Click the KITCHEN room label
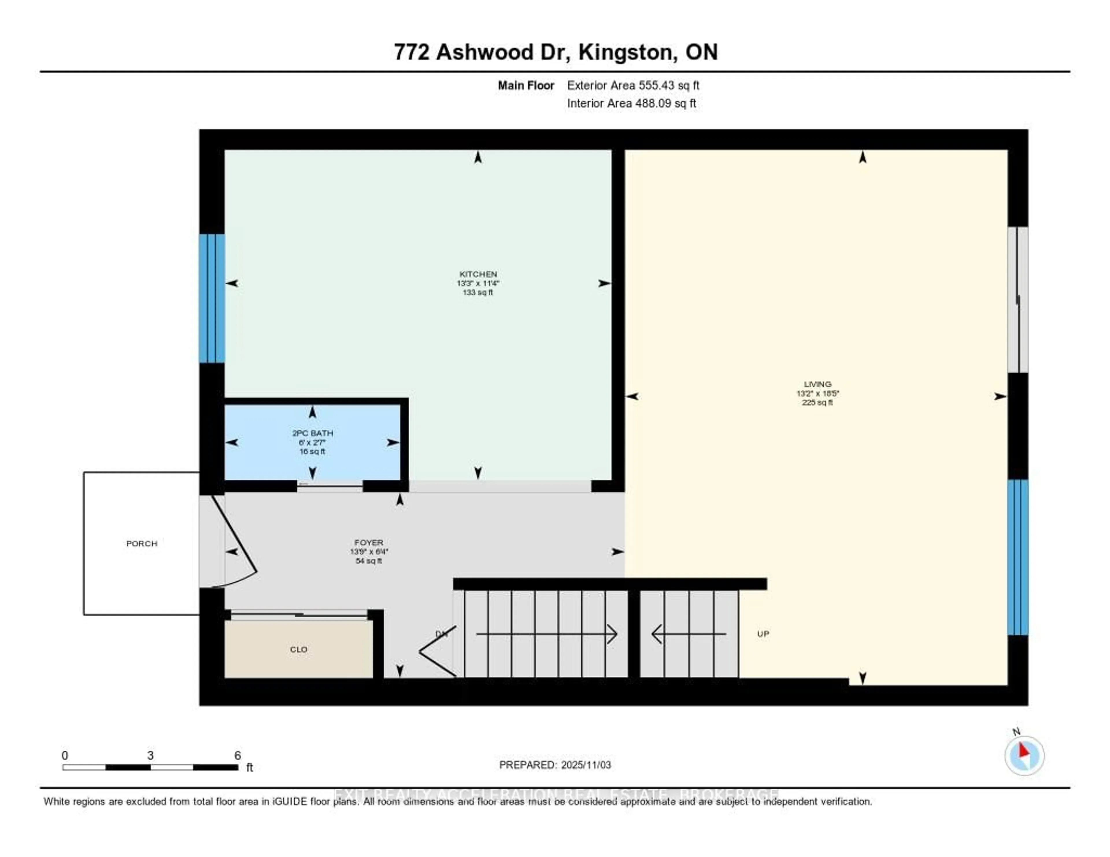coord(478,274)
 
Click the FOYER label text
coord(369,543)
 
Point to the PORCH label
coord(142,543)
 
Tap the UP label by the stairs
coord(763,634)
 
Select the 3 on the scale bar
coord(150,755)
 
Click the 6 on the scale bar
coord(237,755)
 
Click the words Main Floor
coord(526,85)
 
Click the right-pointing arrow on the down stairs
coord(547,634)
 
